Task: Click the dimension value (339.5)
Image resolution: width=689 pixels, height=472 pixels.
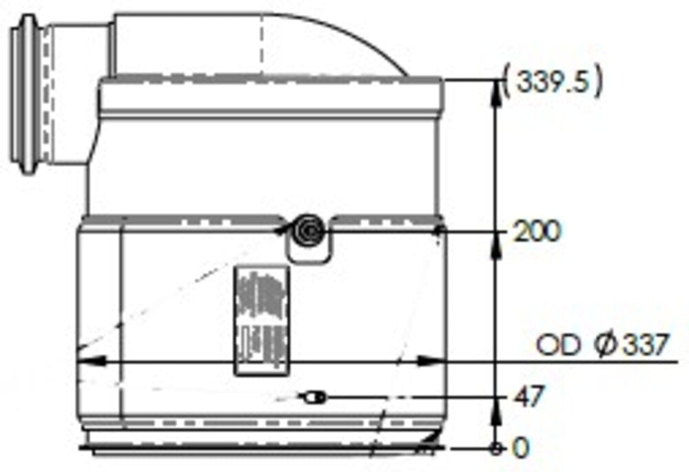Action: pyautogui.click(x=554, y=83)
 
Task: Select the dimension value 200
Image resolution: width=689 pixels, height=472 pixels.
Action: pyautogui.click(x=537, y=232)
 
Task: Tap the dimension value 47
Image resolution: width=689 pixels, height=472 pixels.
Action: pyautogui.click(x=529, y=397)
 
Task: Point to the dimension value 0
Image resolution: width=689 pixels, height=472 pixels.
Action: pyautogui.click(x=522, y=448)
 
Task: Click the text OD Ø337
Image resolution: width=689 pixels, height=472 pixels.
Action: pyautogui.click(x=602, y=345)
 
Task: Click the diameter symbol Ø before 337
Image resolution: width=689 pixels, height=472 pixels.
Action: pyautogui.click(x=604, y=345)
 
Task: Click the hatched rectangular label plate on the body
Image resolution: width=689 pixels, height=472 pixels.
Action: pyautogui.click(x=261, y=320)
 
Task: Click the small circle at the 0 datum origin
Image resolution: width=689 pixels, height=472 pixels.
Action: pyautogui.click(x=495, y=449)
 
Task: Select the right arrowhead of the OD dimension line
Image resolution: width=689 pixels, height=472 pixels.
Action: pyautogui.click(x=431, y=360)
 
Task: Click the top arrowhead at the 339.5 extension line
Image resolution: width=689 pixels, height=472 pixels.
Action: pyautogui.click(x=495, y=89)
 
